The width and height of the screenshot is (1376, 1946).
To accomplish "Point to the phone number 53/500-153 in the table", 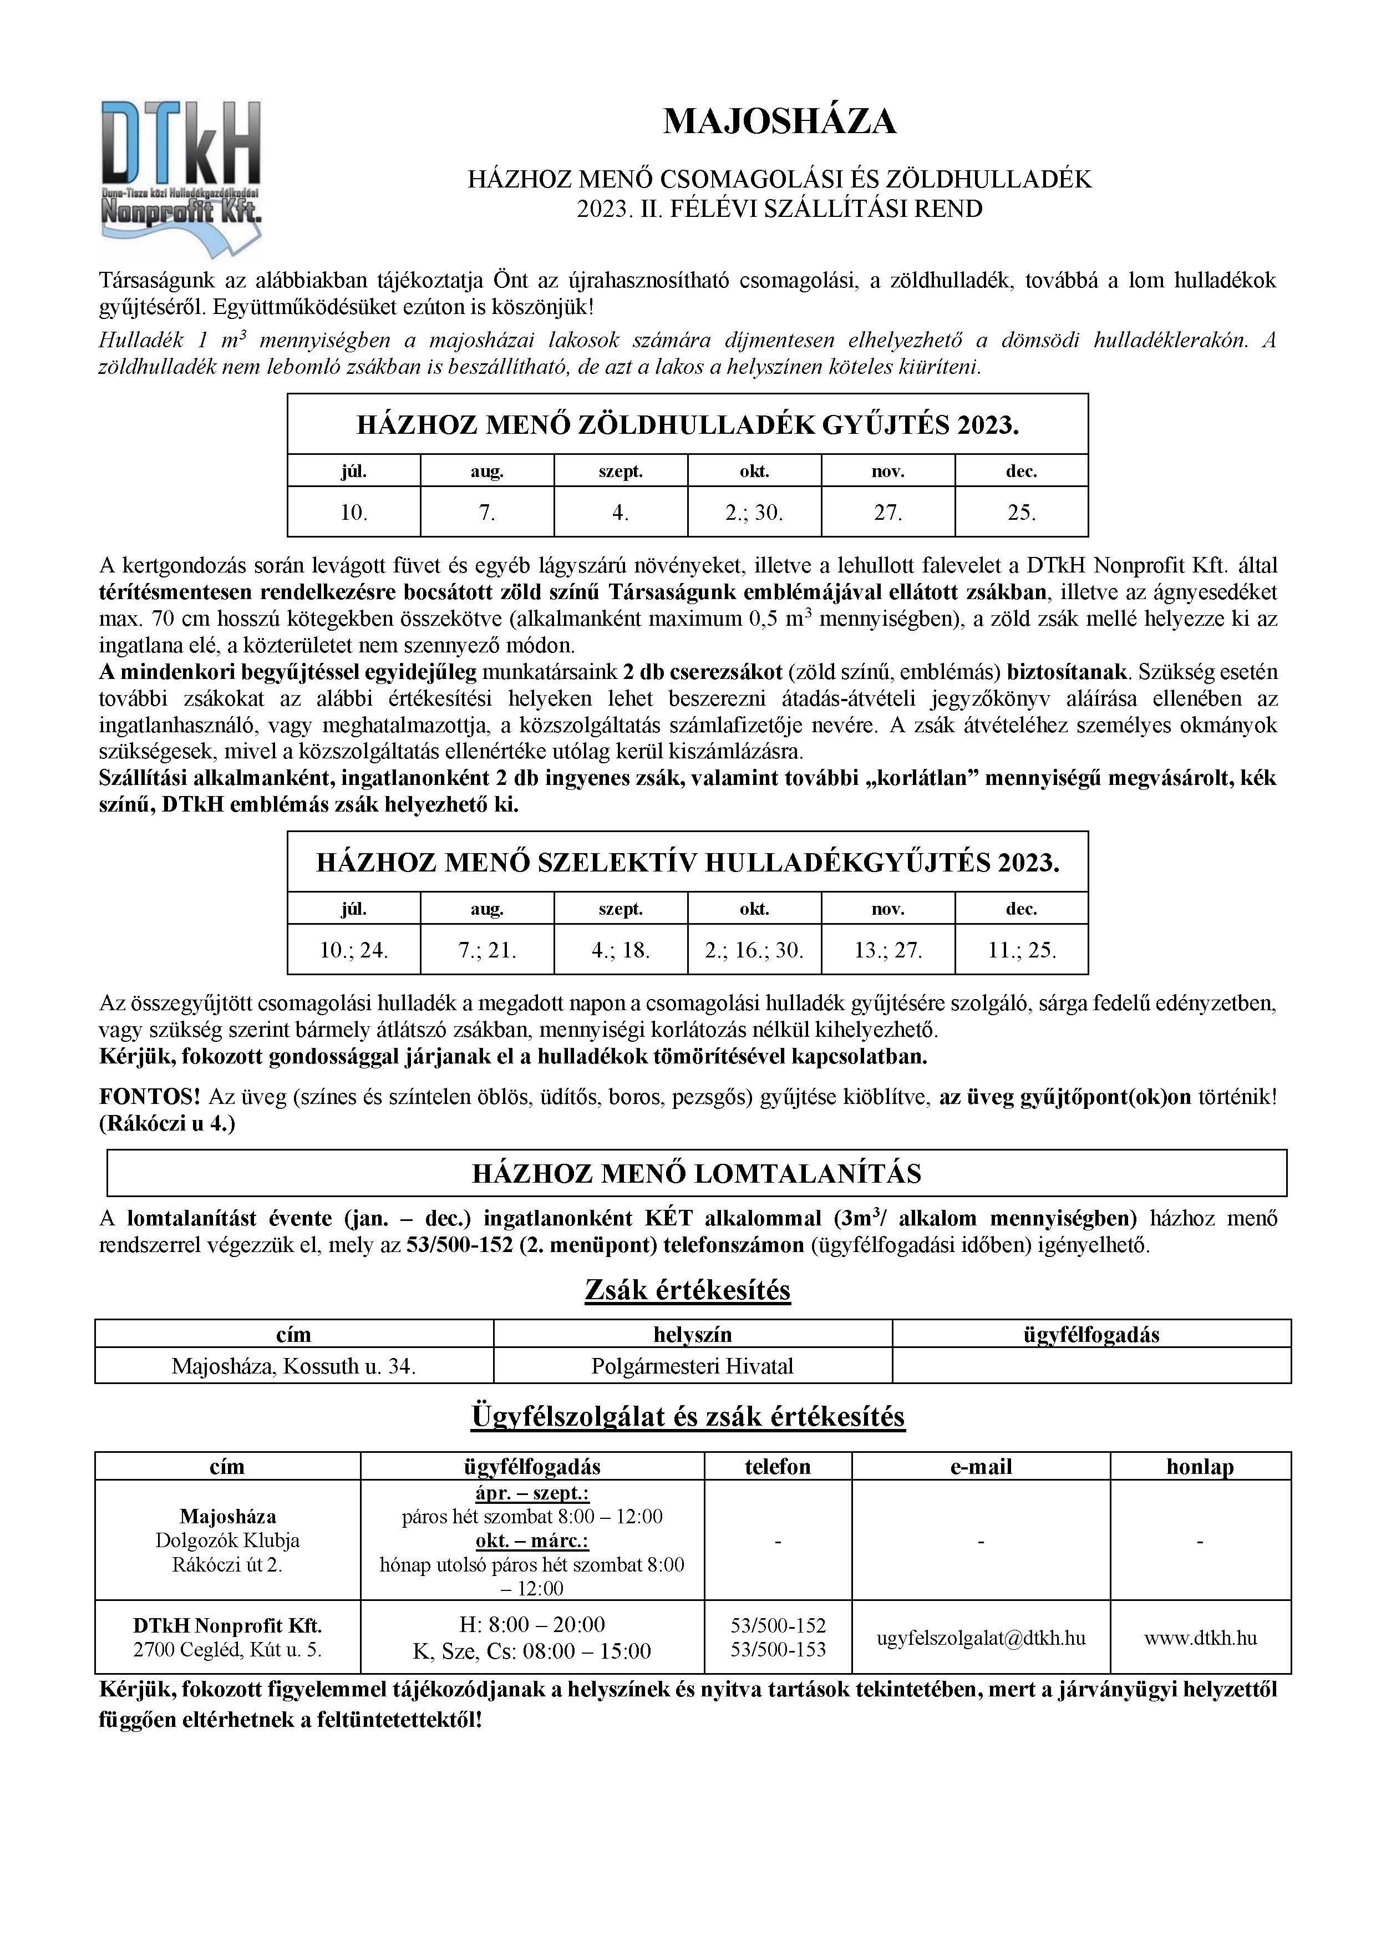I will coord(777,1649).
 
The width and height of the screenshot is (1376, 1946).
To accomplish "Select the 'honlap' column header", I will coord(1200,1466).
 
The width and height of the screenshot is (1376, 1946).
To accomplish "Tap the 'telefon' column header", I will coord(777,1466).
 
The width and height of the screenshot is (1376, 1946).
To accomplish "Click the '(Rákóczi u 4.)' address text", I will coord(167,1124).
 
